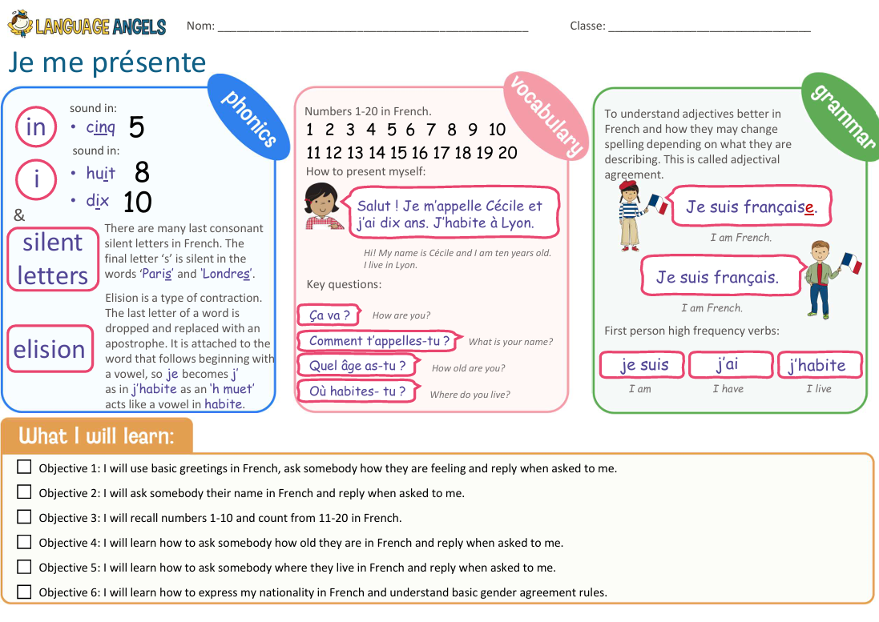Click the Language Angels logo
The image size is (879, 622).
pyautogui.click(x=87, y=24)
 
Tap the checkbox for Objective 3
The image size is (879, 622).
pyautogui.click(x=24, y=517)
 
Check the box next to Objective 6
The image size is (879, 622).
pyautogui.click(x=24, y=592)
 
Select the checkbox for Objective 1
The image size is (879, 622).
pyautogui.click(x=24, y=467)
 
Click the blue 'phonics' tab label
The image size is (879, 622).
pyautogui.click(x=249, y=118)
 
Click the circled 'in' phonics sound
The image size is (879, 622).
pyautogui.click(x=36, y=127)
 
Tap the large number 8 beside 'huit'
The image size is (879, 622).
pyautogui.click(x=142, y=172)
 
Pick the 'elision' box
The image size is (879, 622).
pyautogui.click(x=50, y=349)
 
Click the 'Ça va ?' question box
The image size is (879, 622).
pyautogui.click(x=329, y=315)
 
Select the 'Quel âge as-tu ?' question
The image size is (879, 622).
pyautogui.click(x=357, y=366)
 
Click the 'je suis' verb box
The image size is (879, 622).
pyautogui.click(x=643, y=365)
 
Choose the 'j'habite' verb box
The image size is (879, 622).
pyautogui.click(x=820, y=365)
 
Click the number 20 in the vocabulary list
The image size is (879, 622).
pyautogui.click(x=507, y=153)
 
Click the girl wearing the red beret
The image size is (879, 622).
pyautogui.click(x=640, y=215)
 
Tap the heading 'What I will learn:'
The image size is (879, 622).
pyautogui.click(x=96, y=435)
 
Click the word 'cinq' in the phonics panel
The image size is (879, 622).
pyautogui.click(x=100, y=127)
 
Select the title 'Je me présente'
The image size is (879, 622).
pyautogui.click(x=107, y=62)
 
